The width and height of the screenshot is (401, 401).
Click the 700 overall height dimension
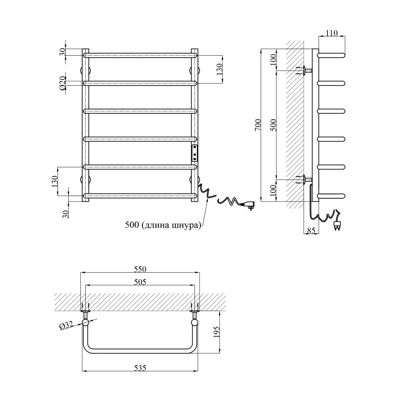click(259, 125)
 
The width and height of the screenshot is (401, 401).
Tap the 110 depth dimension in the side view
click(332, 33)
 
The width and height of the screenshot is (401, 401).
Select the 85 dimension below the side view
click(311, 231)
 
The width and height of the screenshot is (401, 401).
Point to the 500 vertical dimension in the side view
click(273, 125)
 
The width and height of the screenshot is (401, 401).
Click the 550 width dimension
click(140, 269)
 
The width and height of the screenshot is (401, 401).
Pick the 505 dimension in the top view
click(140, 282)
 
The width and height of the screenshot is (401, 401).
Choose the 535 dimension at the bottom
click(140, 368)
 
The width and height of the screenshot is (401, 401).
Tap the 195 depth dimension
click(217, 332)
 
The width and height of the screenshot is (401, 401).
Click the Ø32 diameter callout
click(66, 326)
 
